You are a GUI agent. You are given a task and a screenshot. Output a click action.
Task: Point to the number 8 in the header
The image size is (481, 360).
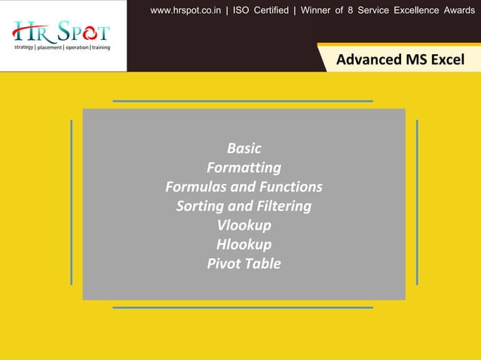pyautogui.click(x=358, y=11)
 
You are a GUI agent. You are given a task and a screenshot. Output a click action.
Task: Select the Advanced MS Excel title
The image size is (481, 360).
pyautogui.click(x=400, y=59)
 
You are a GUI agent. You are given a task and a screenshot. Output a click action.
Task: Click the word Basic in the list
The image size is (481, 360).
pyautogui.click(x=244, y=148)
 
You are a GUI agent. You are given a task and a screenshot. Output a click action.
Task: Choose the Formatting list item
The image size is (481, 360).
pyautogui.click(x=244, y=167)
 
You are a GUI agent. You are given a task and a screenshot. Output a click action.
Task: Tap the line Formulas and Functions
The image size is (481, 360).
pyautogui.click(x=244, y=187)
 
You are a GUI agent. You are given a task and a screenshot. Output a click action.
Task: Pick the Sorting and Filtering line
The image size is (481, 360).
pyautogui.click(x=244, y=206)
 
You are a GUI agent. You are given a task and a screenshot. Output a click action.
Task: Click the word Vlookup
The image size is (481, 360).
pyautogui.click(x=244, y=225)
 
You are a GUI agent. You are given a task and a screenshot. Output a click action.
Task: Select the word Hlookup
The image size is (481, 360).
pyautogui.click(x=244, y=244)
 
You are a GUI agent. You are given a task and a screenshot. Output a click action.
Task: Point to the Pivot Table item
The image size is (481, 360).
pyautogui.click(x=244, y=264)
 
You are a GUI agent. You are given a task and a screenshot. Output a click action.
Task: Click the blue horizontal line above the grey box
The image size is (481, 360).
pyautogui.click(x=243, y=101)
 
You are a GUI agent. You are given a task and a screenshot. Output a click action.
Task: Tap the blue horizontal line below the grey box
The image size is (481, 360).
pyautogui.click(x=243, y=307)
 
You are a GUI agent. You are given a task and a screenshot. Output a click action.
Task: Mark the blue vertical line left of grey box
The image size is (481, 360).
pyautogui.click(x=71, y=202)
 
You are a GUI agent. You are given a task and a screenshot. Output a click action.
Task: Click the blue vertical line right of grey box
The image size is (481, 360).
pyautogui.click(x=417, y=202)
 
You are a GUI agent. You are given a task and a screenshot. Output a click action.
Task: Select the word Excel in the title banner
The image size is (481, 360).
pyautogui.click(x=447, y=59)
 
